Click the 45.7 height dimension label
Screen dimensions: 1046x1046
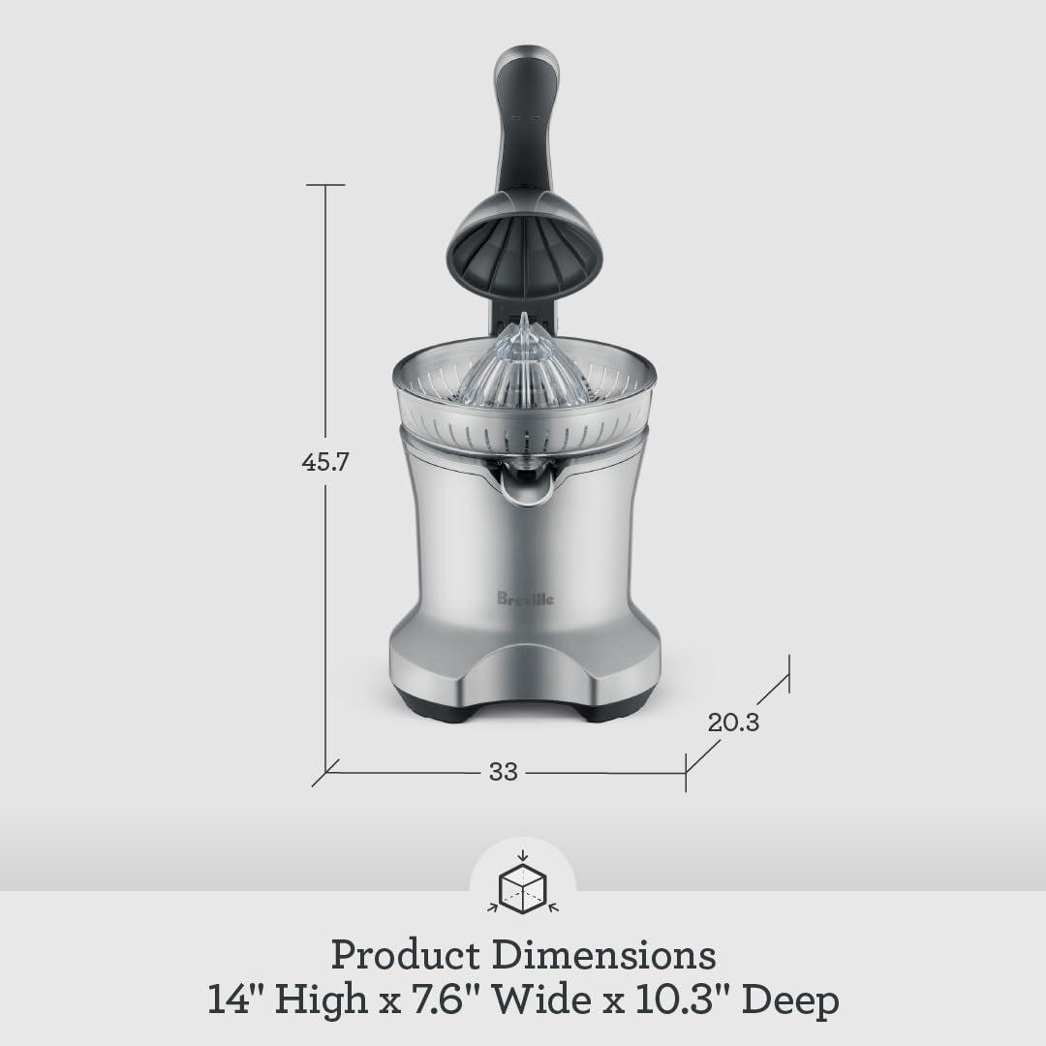point(324,462)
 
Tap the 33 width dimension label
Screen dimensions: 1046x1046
point(503,772)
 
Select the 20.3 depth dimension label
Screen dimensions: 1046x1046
point(733,722)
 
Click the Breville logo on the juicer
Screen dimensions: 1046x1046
point(527,600)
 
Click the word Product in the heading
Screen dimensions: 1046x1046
point(406,955)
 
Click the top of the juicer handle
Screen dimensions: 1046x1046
point(523,63)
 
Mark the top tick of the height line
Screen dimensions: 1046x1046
point(325,184)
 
